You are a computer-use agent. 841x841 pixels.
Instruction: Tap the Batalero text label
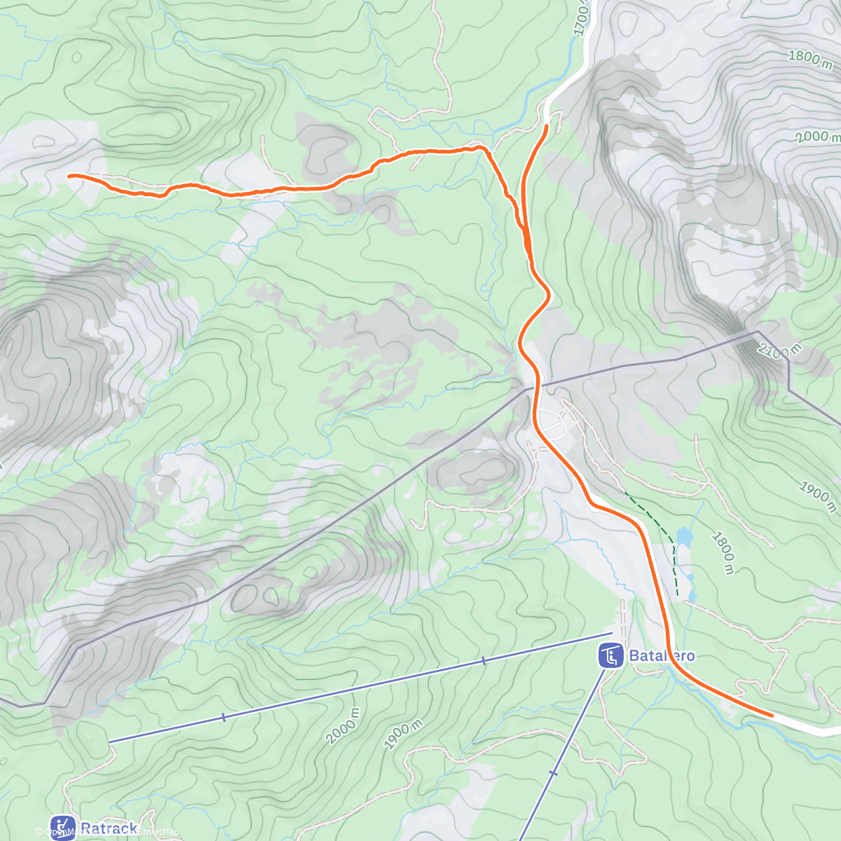click(x=662, y=656)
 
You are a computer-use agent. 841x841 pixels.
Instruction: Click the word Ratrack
click(x=109, y=828)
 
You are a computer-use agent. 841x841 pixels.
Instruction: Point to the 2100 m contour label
click(x=779, y=351)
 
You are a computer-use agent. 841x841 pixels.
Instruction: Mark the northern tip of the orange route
click(x=547, y=125)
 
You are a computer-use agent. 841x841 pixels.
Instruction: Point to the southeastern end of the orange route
click(x=771, y=715)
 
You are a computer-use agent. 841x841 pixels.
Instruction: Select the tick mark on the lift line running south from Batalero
click(x=553, y=773)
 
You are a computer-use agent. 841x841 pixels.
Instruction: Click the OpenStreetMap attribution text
click(x=105, y=833)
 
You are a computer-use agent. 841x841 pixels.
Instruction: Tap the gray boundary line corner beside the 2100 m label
click(x=758, y=331)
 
